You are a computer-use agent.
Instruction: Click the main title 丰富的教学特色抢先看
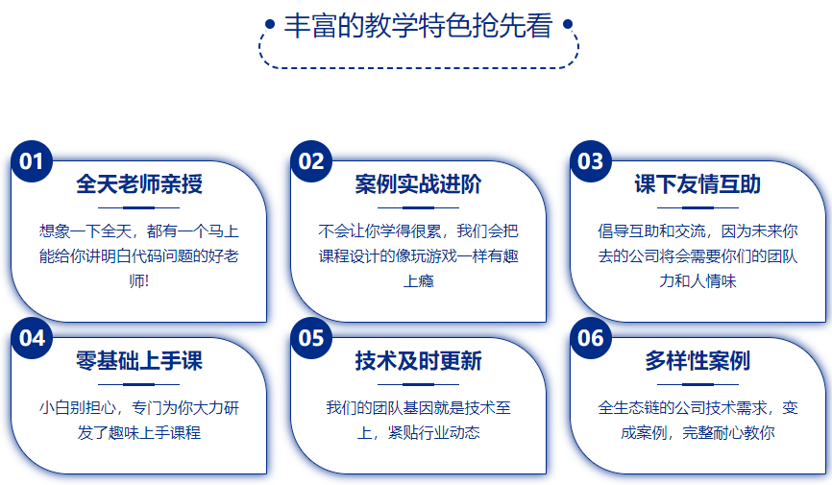(x=418, y=26)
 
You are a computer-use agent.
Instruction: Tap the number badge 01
(x=32, y=161)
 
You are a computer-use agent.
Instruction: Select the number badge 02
(x=311, y=161)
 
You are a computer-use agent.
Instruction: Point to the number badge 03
(x=591, y=161)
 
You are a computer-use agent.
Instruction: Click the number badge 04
(x=32, y=338)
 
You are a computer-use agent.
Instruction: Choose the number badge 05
(x=311, y=338)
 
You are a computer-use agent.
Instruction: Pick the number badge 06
(x=591, y=338)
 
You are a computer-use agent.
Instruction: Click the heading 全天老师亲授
(x=139, y=184)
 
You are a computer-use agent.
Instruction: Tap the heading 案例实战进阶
(x=418, y=184)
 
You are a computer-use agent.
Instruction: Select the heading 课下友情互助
(x=697, y=184)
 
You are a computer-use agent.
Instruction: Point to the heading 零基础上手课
(x=139, y=361)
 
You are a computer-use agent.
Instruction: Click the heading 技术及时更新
(x=418, y=361)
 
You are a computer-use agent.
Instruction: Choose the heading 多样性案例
(x=697, y=361)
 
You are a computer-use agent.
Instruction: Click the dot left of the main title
(x=270, y=24)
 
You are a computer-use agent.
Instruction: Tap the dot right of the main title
(x=568, y=24)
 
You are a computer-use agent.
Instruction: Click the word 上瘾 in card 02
(x=419, y=280)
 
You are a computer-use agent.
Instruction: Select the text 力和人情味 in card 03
(x=697, y=280)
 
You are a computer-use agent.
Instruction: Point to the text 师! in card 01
(x=139, y=280)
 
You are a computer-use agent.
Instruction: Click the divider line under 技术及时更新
(x=418, y=384)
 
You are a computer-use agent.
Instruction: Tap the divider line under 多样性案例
(x=697, y=384)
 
